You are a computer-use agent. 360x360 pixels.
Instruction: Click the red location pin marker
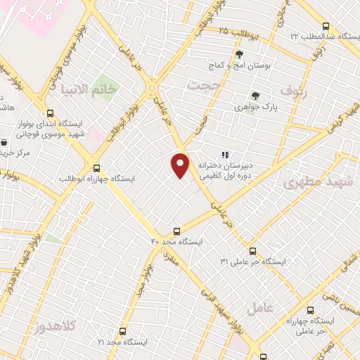coord(181,165)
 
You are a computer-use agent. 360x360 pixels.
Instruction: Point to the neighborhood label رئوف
coord(295,91)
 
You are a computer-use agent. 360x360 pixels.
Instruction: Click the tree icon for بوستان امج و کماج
coord(239,54)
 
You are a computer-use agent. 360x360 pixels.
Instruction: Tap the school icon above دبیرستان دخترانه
coord(225,155)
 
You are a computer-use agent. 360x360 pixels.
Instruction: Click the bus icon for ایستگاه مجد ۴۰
coord(176,231)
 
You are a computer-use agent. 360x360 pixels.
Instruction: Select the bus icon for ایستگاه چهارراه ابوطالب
coord(97,168)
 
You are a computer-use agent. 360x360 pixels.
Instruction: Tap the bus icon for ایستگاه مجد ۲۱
coord(123,330)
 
